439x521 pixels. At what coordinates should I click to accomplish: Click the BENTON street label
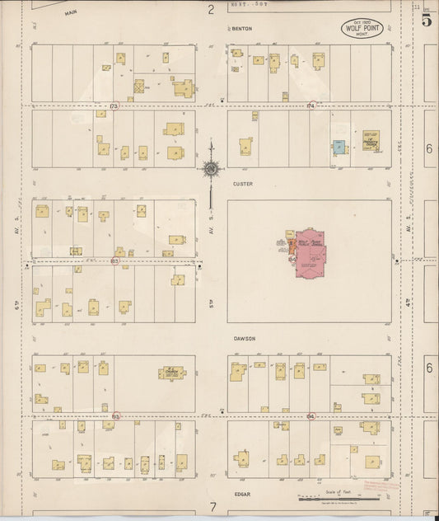(241, 29)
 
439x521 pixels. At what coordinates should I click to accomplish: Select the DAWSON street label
(243, 339)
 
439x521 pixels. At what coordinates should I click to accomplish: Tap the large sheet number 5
(426, 21)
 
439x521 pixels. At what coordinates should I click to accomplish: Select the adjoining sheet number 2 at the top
(211, 10)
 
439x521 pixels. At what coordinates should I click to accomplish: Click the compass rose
(211, 169)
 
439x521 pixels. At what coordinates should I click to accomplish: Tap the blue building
(339, 148)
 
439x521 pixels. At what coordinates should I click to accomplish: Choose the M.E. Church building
(172, 373)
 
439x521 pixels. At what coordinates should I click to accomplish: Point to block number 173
(114, 106)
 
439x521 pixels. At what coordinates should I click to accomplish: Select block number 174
(311, 106)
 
